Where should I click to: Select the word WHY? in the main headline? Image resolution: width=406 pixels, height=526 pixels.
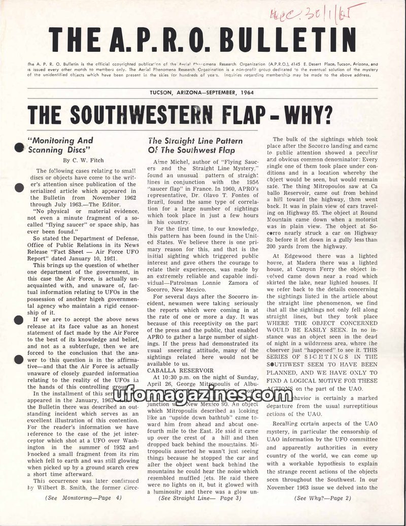point(302,115)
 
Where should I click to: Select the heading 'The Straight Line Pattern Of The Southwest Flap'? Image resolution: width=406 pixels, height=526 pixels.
point(195,145)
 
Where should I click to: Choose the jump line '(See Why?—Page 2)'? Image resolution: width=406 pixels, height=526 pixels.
point(322,498)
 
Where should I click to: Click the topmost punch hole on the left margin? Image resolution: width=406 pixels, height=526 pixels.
point(19,148)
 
